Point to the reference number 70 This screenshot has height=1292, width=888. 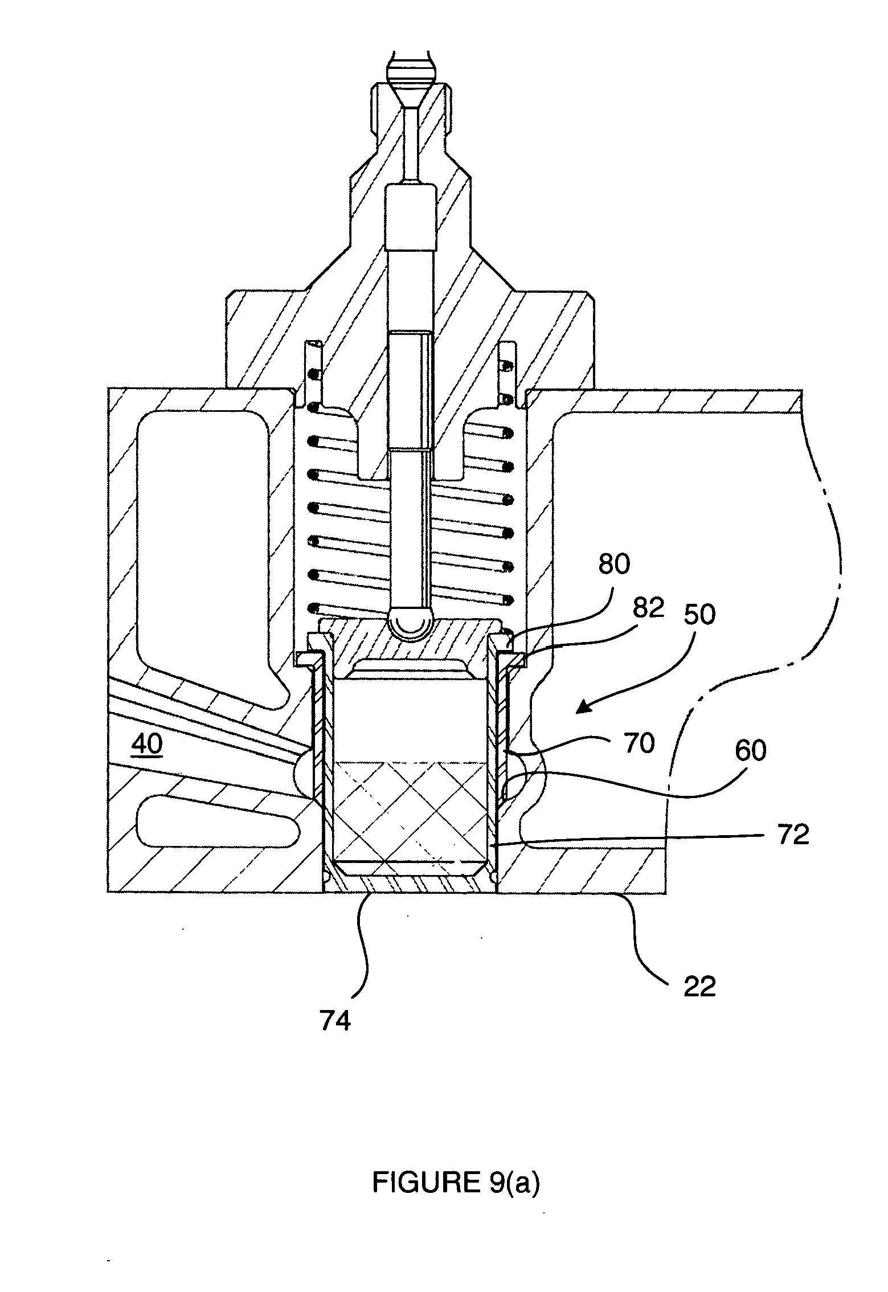click(639, 743)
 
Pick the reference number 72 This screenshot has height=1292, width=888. click(793, 835)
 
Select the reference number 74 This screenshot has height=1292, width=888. click(335, 1021)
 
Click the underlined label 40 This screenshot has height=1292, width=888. click(146, 745)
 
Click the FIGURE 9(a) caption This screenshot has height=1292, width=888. click(455, 1183)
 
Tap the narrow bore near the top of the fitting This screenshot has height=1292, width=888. click(411, 142)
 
